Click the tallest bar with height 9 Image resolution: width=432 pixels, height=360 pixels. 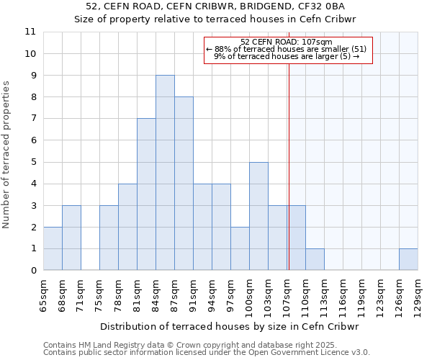[165, 173]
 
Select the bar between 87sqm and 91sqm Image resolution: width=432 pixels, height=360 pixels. [184, 184]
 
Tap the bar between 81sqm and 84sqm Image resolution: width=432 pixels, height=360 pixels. [146, 194]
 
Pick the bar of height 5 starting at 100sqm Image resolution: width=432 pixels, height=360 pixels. [258, 216]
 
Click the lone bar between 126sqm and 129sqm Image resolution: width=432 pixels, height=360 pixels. [408, 259]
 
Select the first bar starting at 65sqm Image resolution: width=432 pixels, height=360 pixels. [53, 248]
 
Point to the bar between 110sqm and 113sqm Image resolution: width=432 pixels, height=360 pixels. [315, 259]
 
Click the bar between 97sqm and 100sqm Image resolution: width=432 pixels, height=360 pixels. [240, 248]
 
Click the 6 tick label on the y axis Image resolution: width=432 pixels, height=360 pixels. [33, 140]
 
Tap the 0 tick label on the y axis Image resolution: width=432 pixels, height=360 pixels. [33, 271]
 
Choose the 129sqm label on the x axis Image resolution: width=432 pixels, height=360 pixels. [418, 293]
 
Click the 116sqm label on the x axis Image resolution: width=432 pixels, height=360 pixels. [343, 293]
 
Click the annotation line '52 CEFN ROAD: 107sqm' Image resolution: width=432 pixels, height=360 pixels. [287, 42]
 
